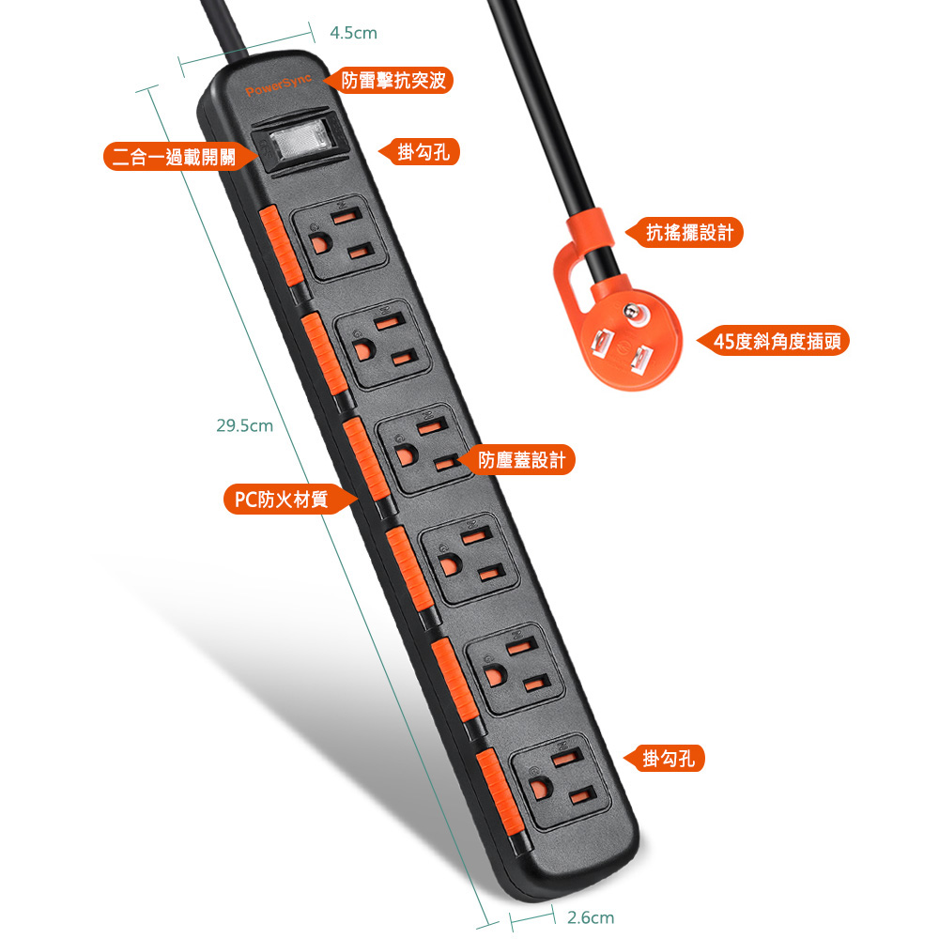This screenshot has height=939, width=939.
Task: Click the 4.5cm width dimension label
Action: [x=353, y=33]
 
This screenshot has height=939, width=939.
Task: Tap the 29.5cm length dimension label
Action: [x=244, y=425]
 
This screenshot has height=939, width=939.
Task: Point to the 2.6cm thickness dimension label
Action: [x=591, y=917]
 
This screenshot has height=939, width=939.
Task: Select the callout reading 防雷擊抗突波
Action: [x=389, y=80]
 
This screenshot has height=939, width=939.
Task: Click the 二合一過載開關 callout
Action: [x=179, y=157]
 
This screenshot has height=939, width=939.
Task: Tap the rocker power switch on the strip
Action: [x=300, y=142]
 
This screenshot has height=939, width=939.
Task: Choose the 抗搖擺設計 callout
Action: [x=685, y=232]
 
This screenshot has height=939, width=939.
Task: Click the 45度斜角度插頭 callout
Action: [x=773, y=342]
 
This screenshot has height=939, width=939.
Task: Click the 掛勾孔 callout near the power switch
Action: [x=419, y=152]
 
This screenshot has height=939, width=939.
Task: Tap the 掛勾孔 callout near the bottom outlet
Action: [x=664, y=759]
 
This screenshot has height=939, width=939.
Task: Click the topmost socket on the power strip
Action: [x=338, y=238]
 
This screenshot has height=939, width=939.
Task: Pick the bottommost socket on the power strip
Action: [x=560, y=781]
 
